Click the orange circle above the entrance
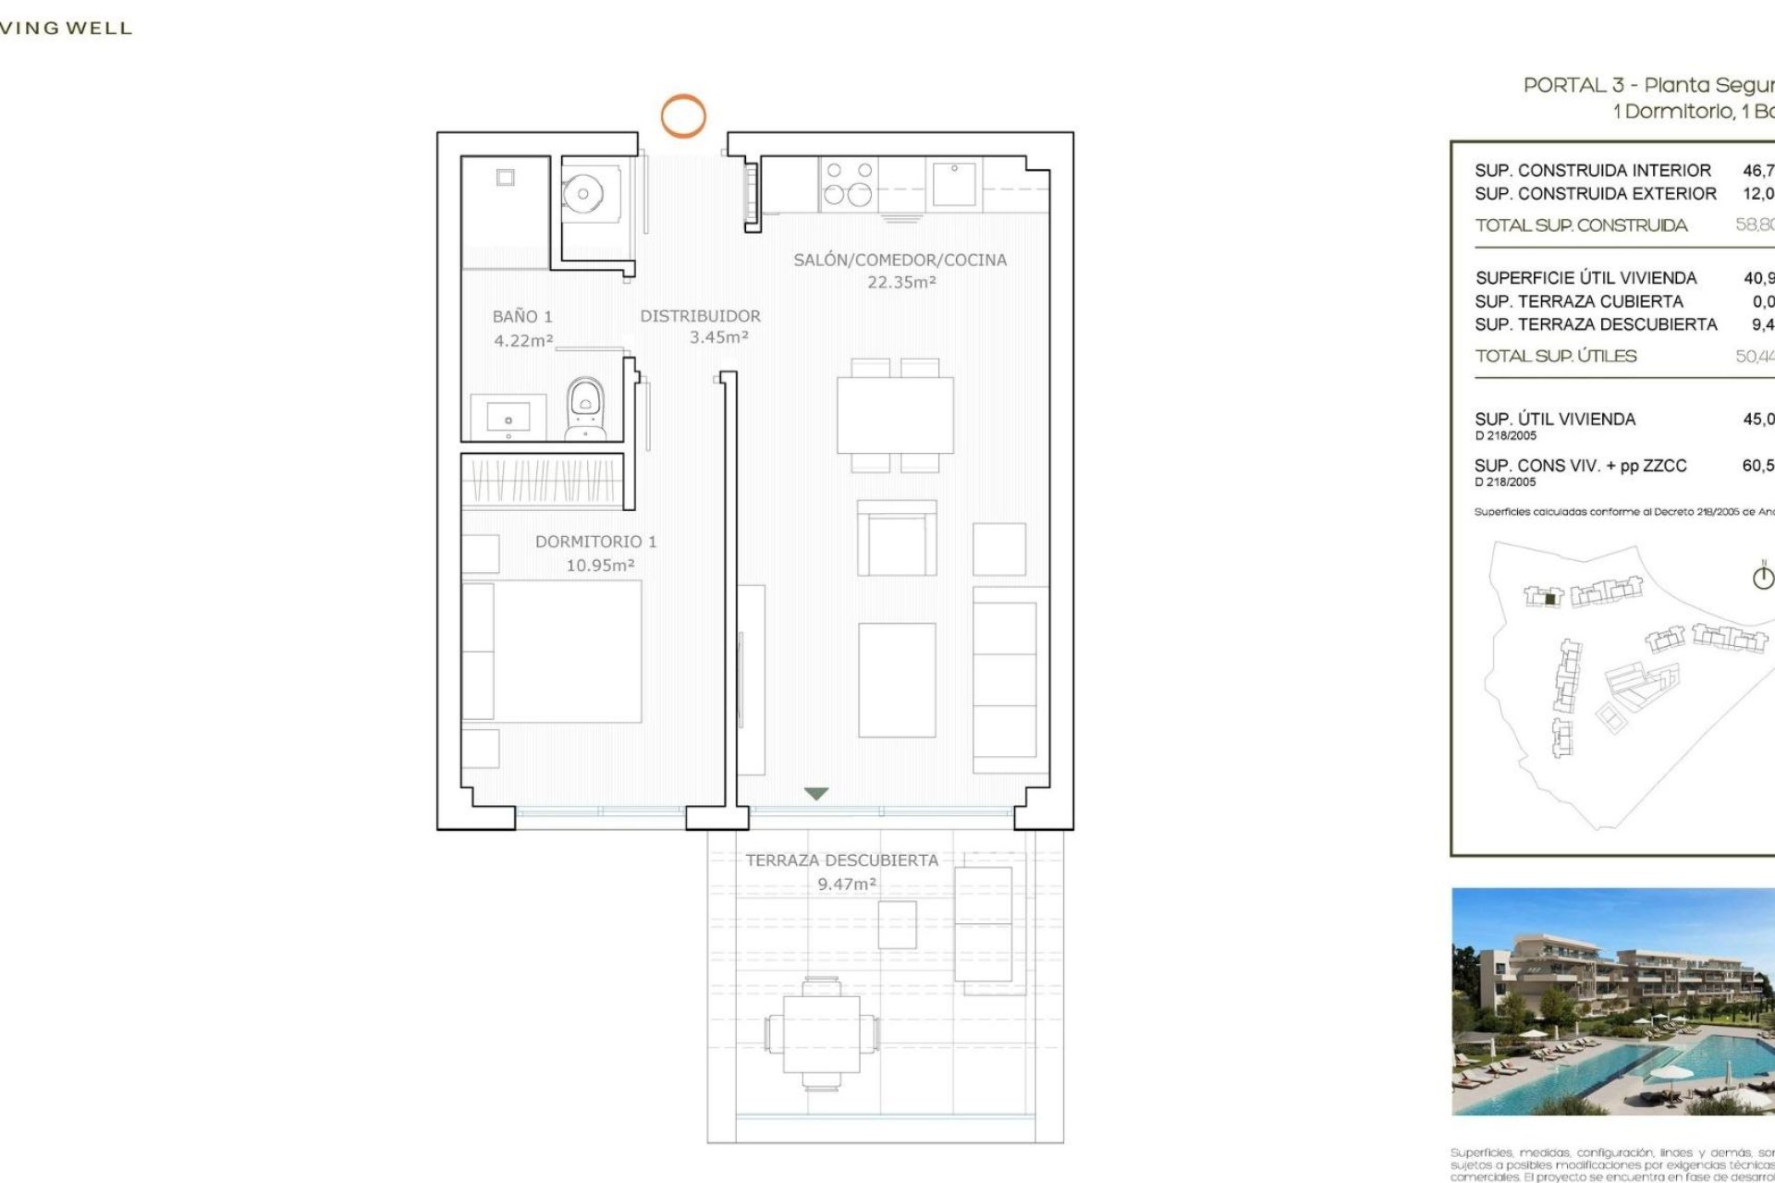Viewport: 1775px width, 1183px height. tap(682, 116)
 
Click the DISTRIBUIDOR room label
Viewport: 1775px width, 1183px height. tap(700, 316)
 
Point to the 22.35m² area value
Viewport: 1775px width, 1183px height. tap(901, 283)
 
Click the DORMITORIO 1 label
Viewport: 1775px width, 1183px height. tap(595, 542)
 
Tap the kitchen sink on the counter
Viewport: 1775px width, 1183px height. tap(953, 183)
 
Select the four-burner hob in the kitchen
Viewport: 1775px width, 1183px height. tap(849, 183)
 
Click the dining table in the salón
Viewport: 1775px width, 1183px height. tap(895, 415)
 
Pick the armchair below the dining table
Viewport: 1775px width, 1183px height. tap(896, 540)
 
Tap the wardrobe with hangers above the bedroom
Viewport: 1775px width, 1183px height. tap(543, 481)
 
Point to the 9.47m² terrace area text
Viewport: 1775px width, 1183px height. tap(846, 884)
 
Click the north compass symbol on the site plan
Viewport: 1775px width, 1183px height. tap(1763, 577)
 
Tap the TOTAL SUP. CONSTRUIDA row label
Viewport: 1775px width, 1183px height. tap(1581, 226)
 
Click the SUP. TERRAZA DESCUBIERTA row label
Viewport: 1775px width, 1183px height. tap(1596, 324)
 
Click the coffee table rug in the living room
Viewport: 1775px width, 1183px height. tap(896, 680)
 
